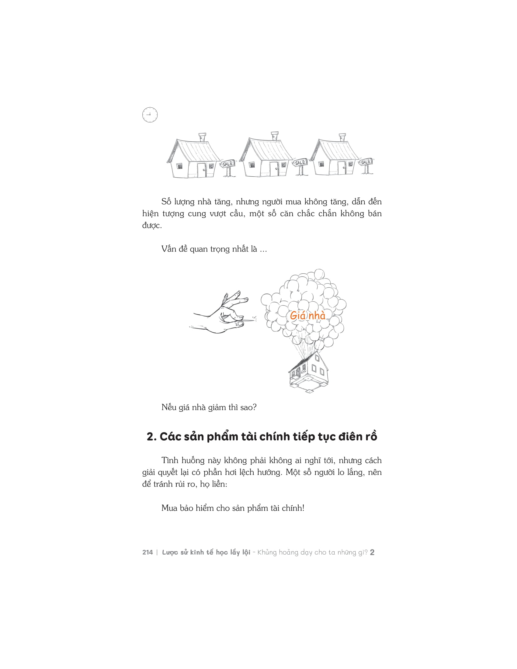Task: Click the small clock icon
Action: [x=150, y=115]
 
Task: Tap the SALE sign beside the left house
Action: [x=227, y=164]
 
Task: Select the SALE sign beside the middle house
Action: [x=300, y=162]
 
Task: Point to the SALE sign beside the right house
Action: [x=366, y=162]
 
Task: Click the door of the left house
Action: [x=202, y=170]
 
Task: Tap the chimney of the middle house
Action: [x=274, y=136]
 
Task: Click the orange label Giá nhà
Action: [x=307, y=316]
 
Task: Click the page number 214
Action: [x=147, y=552]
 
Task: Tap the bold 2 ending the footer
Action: [x=372, y=552]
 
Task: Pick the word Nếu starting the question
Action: [x=169, y=407]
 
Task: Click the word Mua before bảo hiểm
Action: [x=169, y=508]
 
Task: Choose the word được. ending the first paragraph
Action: [x=152, y=226]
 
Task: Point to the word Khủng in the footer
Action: [x=267, y=553]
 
